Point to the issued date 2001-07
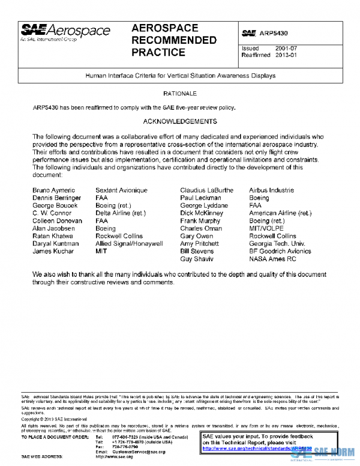pos(287,48)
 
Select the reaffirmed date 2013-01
pos(287,55)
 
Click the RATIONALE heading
pos(180,94)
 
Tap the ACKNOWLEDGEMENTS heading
pos(180,121)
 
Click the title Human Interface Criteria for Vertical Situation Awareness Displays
pos(180,76)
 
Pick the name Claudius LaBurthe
pos(206,190)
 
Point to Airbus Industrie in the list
pos(272,190)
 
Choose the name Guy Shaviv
pos(199,259)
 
